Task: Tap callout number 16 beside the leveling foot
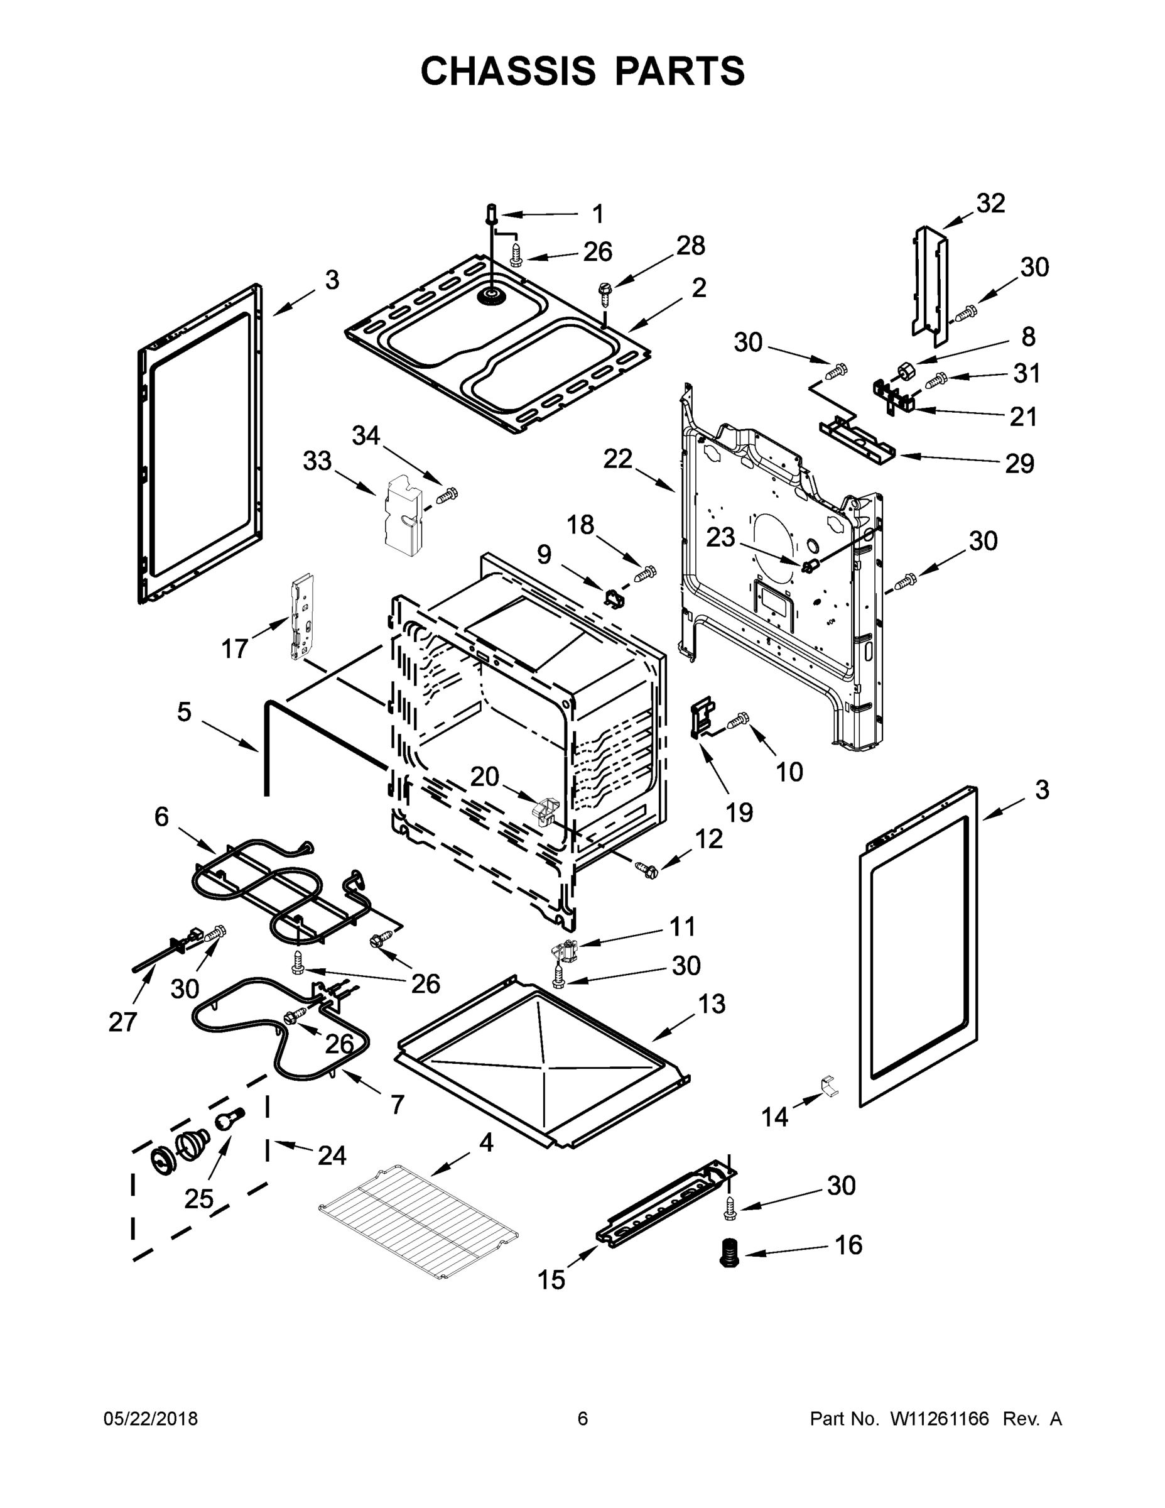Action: pos(848,1245)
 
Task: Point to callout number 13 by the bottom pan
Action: pos(711,1003)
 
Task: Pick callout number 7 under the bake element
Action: pos(397,1105)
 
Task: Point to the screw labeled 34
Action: pos(447,495)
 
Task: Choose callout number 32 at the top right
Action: pos(990,203)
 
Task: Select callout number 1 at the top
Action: pos(598,214)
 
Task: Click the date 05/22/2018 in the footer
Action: pos(151,1419)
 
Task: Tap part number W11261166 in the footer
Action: pos(940,1419)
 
